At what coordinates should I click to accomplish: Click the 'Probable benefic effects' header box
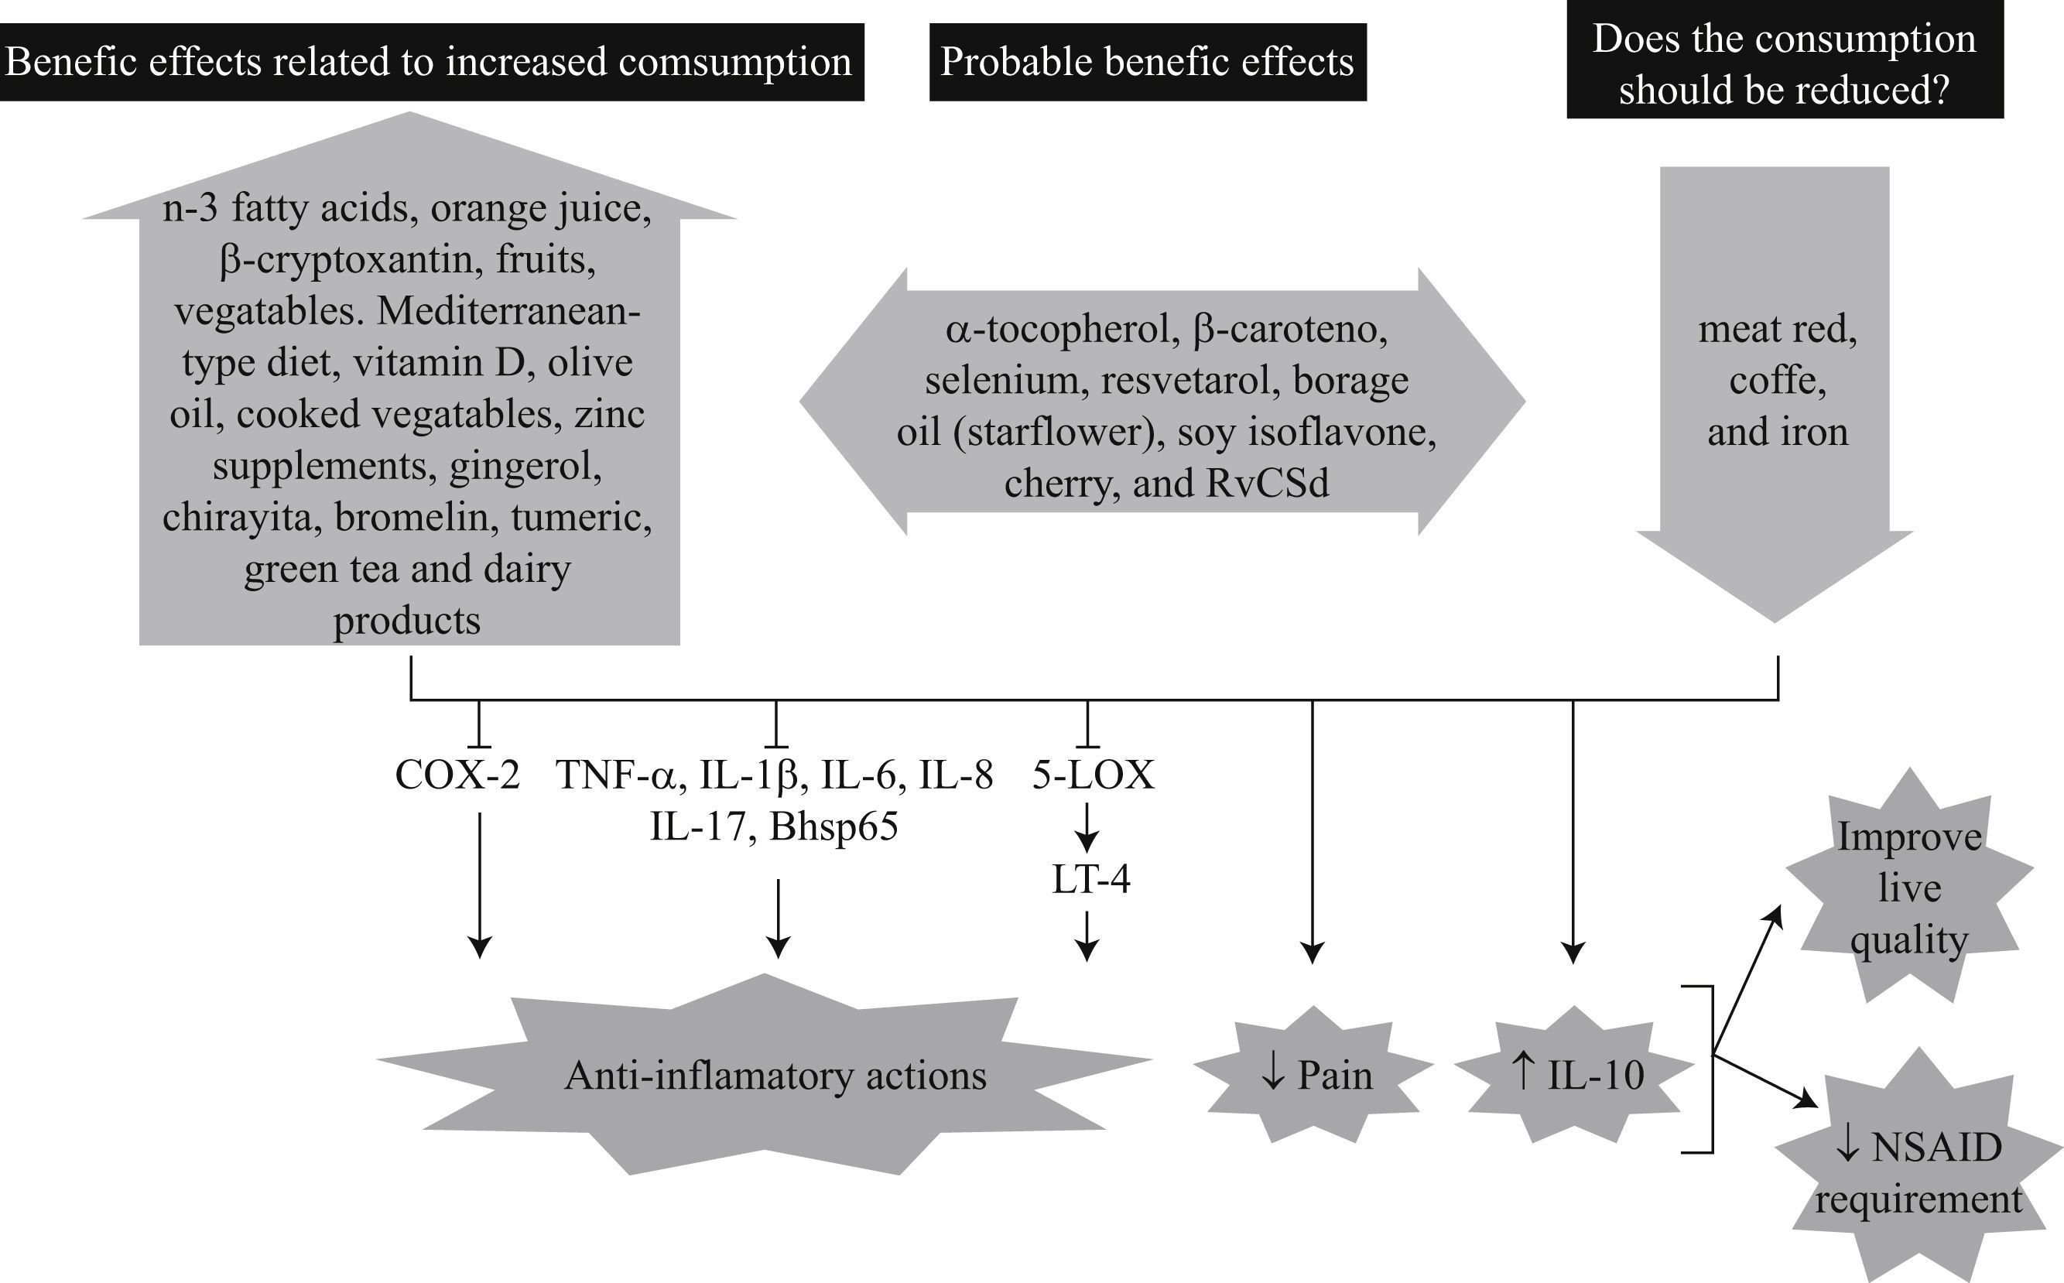click(x=1148, y=62)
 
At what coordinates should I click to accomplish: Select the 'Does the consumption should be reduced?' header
click(x=1784, y=64)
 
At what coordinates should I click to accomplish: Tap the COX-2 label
click(x=457, y=775)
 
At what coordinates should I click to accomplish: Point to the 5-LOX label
click(x=1093, y=775)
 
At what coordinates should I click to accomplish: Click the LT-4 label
click(x=1090, y=879)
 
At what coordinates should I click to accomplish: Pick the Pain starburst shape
click(x=1315, y=1075)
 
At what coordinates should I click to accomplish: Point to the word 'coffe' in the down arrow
click(x=1777, y=380)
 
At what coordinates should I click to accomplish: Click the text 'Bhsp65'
click(x=833, y=826)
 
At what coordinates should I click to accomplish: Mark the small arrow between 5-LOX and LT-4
click(x=1087, y=827)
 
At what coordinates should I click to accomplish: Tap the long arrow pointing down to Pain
click(x=1312, y=832)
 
